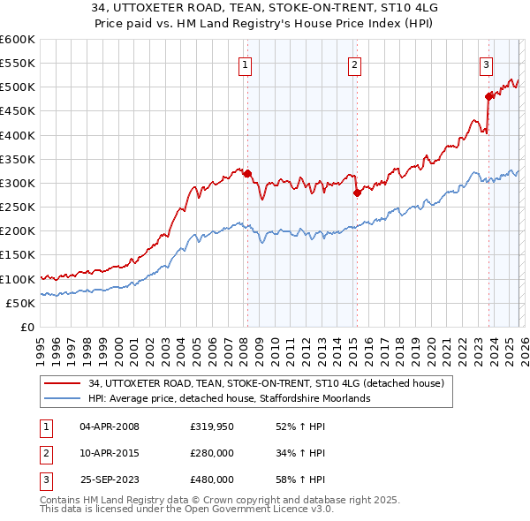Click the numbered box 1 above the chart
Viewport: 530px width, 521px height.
coord(244,64)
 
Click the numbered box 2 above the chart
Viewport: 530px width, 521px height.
coord(354,64)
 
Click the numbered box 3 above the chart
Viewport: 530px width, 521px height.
coord(487,64)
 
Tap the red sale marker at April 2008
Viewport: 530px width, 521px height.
coord(247,174)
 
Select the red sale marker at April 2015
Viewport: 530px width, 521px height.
coord(357,193)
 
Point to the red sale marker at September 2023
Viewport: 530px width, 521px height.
coord(488,97)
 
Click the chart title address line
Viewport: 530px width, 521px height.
coord(264,11)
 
